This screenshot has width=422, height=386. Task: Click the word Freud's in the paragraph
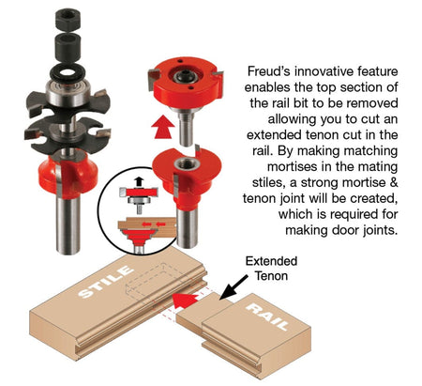coord(270,70)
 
